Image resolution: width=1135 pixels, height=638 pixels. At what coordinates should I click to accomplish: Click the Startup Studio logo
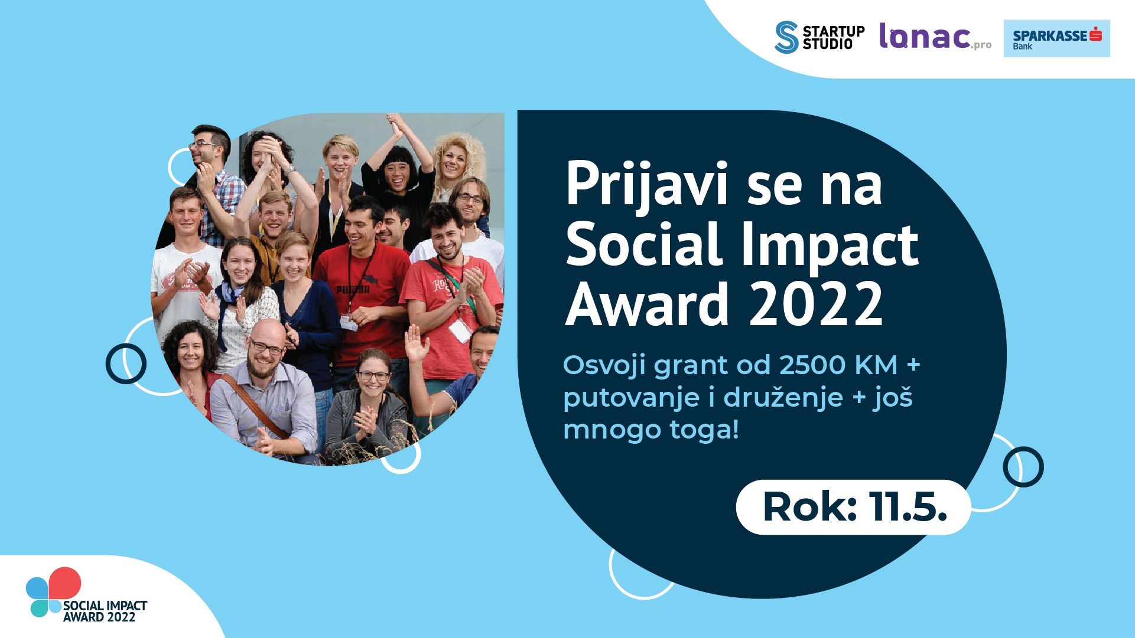point(819,37)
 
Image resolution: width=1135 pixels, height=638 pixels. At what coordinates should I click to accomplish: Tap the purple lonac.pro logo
point(935,37)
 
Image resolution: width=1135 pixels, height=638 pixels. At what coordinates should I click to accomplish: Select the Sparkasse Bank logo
point(1056,38)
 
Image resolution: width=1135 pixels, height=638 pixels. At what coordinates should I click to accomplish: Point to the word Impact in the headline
point(830,246)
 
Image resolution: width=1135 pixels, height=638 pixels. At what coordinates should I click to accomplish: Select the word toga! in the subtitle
point(704,430)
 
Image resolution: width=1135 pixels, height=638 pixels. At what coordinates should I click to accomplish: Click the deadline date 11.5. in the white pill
point(908,507)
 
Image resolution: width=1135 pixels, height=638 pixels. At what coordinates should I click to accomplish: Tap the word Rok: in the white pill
point(810,507)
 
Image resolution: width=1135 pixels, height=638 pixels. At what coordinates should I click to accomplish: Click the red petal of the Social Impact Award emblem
point(65,583)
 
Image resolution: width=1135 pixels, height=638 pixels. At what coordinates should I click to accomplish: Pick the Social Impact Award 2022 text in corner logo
point(105,611)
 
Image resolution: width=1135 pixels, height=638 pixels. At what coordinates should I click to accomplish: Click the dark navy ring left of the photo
point(126,364)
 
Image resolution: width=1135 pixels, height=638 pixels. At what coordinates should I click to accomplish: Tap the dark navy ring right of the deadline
point(1023,467)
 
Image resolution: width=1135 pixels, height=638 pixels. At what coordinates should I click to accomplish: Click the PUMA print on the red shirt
point(353,289)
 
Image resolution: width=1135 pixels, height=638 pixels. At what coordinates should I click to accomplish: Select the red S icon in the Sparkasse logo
point(1096,34)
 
